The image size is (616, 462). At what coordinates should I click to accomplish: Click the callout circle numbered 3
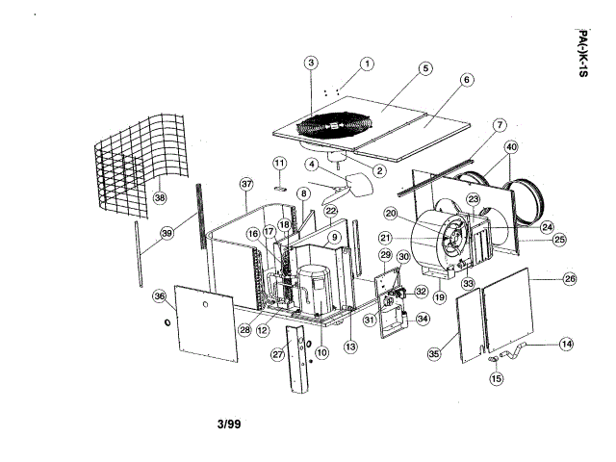click(311, 64)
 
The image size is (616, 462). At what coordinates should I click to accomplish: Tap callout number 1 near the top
click(367, 64)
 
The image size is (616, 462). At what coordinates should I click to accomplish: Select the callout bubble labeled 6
click(467, 80)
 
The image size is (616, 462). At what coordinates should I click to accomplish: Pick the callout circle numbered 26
click(569, 279)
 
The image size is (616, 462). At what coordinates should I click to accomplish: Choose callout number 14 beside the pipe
click(566, 344)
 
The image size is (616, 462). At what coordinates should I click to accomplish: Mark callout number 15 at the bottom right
click(497, 378)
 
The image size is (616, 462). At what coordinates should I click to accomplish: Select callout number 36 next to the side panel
click(160, 297)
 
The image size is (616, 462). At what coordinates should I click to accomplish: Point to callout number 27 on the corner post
click(277, 354)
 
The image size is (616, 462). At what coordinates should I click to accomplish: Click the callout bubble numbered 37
click(246, 183)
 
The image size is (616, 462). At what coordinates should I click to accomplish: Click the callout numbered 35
click(434, 354)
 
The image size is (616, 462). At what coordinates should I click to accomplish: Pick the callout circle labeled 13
click(352, 346)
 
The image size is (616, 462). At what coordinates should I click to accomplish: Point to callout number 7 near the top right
click(500, 125)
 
